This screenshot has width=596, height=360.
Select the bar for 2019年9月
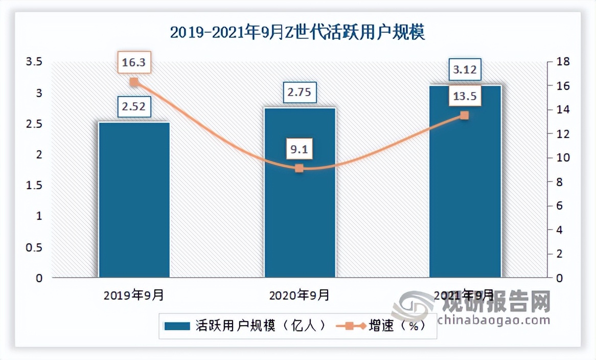pyautogui.click(x=134, y=199)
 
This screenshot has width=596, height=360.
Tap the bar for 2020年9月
pyautogui.click(x=300, y=192)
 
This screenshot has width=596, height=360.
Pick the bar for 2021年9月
pyautogui.click(x=465, y=181)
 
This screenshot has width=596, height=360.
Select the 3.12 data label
pyautogui.click(x=465, y=70)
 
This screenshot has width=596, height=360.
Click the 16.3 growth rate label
pyautogui.click(x=134, y=62)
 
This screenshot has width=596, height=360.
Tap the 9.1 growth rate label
pyautogui.click(x=300, y=150)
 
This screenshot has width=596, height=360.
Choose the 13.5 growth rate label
pyautogui.click(x=465, y=96)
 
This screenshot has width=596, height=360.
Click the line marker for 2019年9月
pyautogui.click(x=134, y=82)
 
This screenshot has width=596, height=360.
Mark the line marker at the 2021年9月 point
pyautogui.click(x=464, y=116)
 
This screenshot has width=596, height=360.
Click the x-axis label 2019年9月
pyautogui.click(x=134, y=295)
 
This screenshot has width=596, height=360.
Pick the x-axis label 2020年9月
pyautogui.click(x=300, y=295)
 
